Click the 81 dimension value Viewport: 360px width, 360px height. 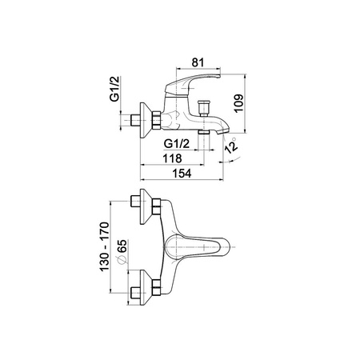pyautogui.click(x=198, y=62)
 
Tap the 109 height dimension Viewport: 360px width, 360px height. pyautogui.click(x=239, y=103)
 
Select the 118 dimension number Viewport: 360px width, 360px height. pyautogui.click(x=172, y=158)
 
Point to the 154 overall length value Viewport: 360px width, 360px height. pyautogui.click(x=182, y=174)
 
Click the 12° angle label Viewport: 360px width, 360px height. pyautogui.click(x=230, y=146)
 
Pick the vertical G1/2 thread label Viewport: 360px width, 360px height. pyautogui.click(x=115, y=89)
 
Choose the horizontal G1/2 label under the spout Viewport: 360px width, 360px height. pyautogui.click(x=177, y=144)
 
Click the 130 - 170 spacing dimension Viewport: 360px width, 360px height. pyautogui.click(x=105, y=246)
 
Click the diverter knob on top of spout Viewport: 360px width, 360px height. pyautogui.click(x=203, y=108)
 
